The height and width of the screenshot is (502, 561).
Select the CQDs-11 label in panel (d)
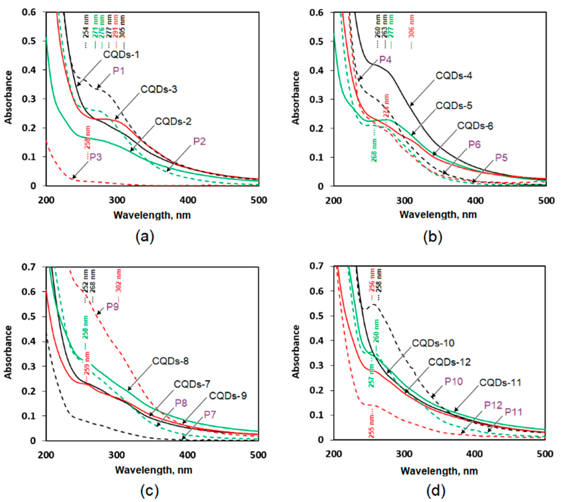pyautogui.click(x=500, y=383)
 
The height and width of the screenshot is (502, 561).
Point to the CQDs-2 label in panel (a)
pyautogui.click(x=173, y=121)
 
